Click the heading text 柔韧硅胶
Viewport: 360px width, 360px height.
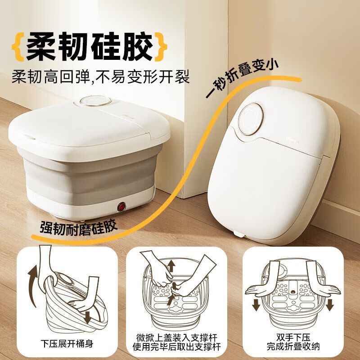point(90,46)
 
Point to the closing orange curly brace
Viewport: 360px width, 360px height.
point(161,46)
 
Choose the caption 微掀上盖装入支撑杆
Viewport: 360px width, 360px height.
point(180,337)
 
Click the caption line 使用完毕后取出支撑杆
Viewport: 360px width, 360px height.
point(180,347)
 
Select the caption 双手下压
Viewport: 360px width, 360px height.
point(292,337)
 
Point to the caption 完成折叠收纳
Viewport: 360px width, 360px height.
point(292,347)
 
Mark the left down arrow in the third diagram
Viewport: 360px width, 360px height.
point(256,304)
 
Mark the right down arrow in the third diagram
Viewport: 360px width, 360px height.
point(329,304)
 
